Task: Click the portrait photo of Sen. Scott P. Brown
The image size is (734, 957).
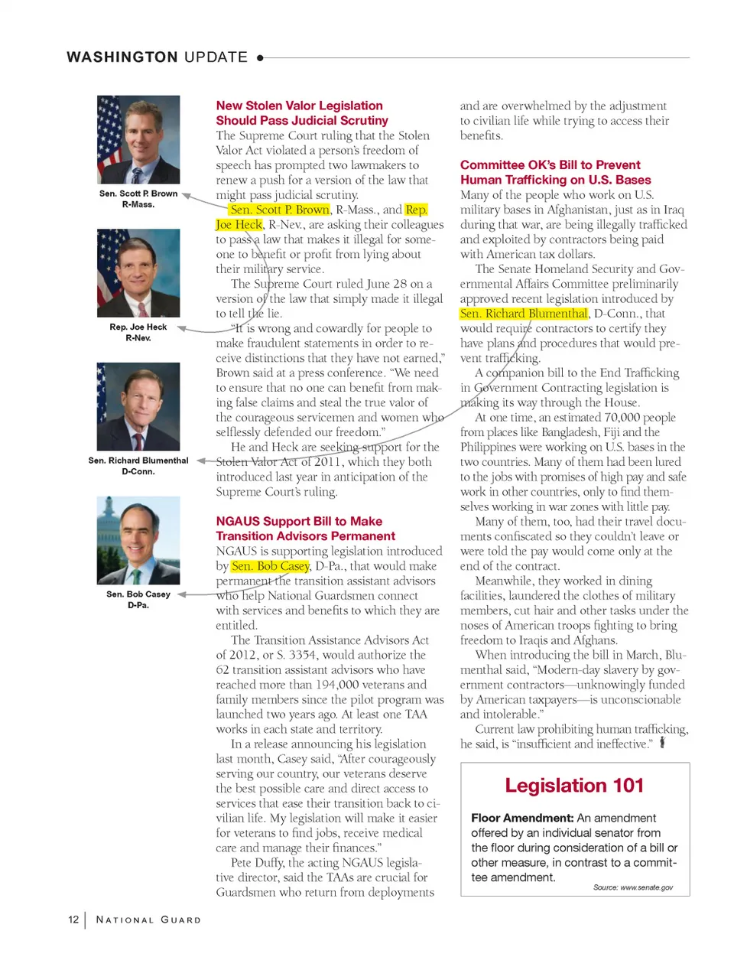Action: [138, 139]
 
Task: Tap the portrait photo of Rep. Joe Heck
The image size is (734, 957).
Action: [138, 273]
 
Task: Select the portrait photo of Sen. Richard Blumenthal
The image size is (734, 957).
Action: [138, 406]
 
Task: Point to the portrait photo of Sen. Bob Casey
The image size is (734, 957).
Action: [138, 540]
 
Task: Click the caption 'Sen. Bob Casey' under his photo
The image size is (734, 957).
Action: [138, 594]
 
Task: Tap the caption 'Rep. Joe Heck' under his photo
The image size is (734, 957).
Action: [138, 327]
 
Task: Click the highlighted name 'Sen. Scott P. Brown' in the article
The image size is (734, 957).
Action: [280, 210]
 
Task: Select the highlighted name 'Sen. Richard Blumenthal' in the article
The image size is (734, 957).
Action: [524, 314]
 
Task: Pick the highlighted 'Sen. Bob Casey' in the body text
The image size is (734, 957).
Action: [271, 566]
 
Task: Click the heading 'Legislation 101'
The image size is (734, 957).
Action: [574, 786]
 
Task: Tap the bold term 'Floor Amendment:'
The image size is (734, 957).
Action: [522, 818]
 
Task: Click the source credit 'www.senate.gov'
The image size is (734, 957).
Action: [646, 887]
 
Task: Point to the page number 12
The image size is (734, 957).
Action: [73, 920]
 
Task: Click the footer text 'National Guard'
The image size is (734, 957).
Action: [148, 920]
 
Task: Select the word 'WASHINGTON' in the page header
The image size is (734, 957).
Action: [122, 57]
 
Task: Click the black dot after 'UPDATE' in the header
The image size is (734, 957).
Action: [261, 57]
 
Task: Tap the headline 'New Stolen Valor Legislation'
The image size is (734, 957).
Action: [299, 106]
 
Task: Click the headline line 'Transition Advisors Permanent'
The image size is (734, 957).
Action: [305, 536]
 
